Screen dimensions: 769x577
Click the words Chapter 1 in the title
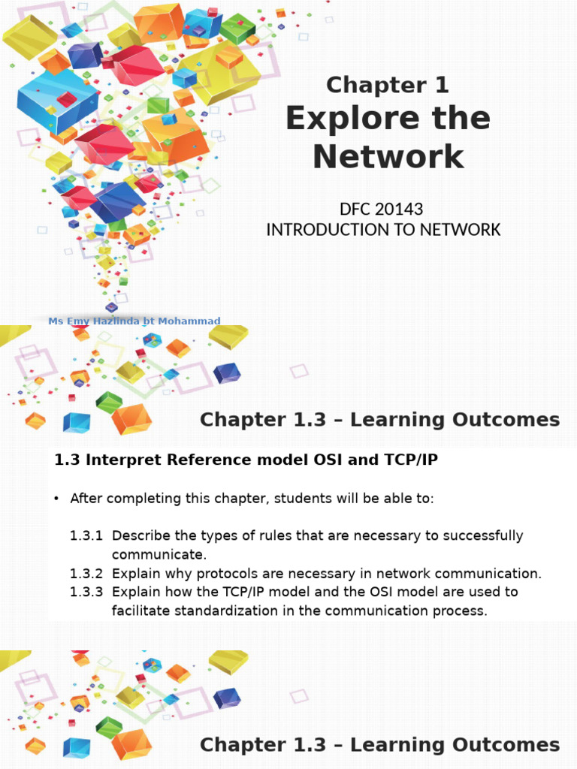[387, 86]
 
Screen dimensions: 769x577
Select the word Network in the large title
[388, 156]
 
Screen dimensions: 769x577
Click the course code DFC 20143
[383, 209]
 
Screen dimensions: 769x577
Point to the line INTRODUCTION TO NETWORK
[383, 229]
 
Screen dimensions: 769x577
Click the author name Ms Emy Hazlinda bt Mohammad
[134, 321]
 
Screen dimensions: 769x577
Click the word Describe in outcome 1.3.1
[142, 536]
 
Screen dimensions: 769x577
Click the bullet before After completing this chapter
[57, 499]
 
